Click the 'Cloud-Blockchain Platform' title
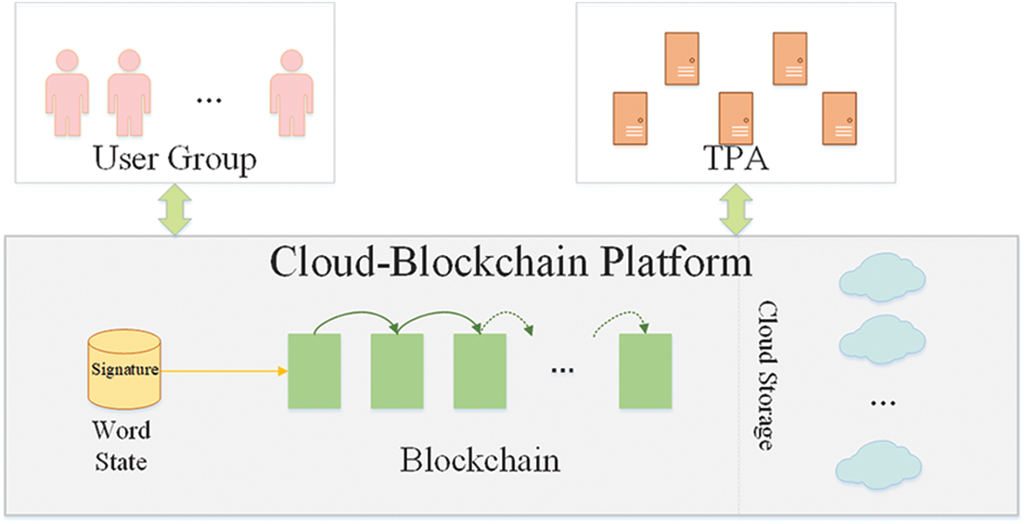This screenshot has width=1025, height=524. coord(511,262)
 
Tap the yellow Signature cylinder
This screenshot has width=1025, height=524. coord(124,371)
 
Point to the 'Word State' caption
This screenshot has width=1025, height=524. coord(121,445)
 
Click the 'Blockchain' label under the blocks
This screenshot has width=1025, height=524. coord(480,460)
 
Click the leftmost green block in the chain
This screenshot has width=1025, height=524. coord(314,371)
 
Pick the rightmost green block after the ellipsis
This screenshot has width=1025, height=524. coord(645,371)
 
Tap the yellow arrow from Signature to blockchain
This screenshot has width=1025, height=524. coord(223,372)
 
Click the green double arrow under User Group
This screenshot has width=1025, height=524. coord(174,208)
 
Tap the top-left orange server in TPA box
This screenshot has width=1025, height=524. coord(684,58)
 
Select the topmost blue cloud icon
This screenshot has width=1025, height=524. coord(880,274)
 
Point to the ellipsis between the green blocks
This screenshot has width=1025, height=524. coord(561,370)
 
